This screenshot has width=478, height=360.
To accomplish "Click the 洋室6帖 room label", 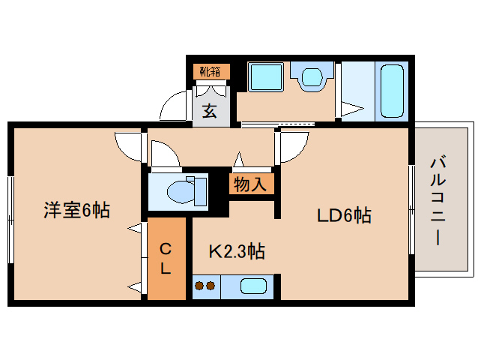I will (x=76, y=211).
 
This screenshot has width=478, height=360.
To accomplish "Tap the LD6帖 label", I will (x=344, y=216).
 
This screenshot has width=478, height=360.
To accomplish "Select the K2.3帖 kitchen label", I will (x=235, y=250).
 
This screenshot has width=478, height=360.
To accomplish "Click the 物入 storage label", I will (x=249, y=184).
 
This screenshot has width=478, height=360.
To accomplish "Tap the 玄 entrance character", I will (x=211, y=111).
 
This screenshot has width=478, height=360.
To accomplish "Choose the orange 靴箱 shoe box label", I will (x=211, y=72).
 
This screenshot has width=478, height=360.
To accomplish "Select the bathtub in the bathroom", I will (x=390, y=91).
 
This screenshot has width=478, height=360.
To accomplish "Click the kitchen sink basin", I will (x=252, y=286).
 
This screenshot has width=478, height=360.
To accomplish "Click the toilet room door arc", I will (x=165, y=154).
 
